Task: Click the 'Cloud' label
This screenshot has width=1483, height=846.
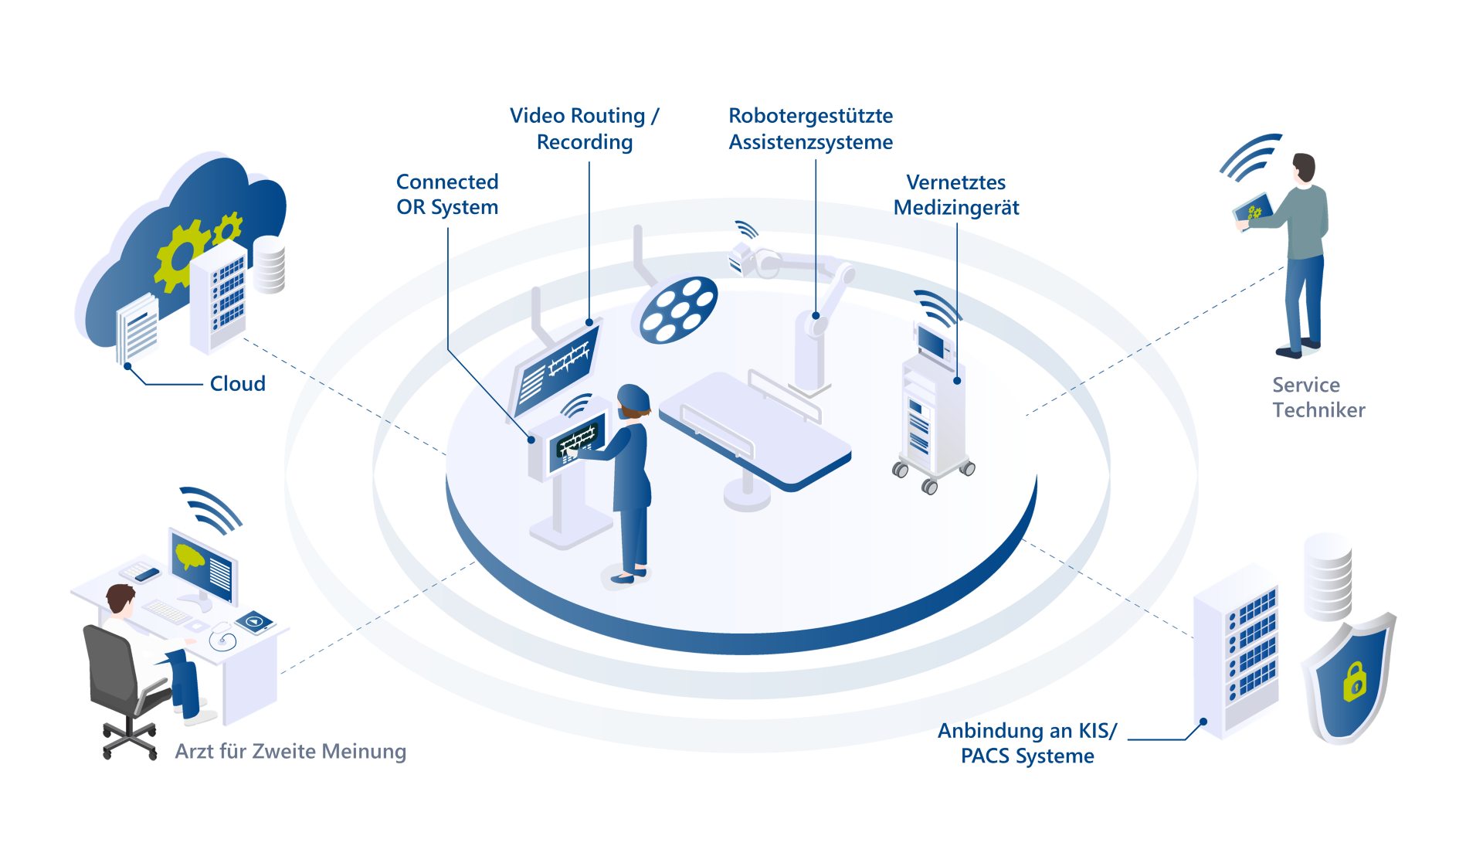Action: coord(237,383)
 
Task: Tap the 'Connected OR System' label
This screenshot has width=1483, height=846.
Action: coord(447,194)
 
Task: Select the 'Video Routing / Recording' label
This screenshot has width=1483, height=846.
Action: coord(584,128)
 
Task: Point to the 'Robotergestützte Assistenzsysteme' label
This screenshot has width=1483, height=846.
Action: coord(810,128)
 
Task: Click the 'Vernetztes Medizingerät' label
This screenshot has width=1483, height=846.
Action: coord(956,195)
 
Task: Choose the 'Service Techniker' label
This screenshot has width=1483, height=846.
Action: coord(1318,397)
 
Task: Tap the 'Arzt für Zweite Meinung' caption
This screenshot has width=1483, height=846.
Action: coord(290,751)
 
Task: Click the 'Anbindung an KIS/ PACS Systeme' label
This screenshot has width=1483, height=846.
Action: coord(1027,742)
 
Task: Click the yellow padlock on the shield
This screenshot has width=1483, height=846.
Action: coord(1354,681)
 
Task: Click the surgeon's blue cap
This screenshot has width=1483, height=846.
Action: coord(633,396)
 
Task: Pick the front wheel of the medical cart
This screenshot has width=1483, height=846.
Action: coord(930,487)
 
